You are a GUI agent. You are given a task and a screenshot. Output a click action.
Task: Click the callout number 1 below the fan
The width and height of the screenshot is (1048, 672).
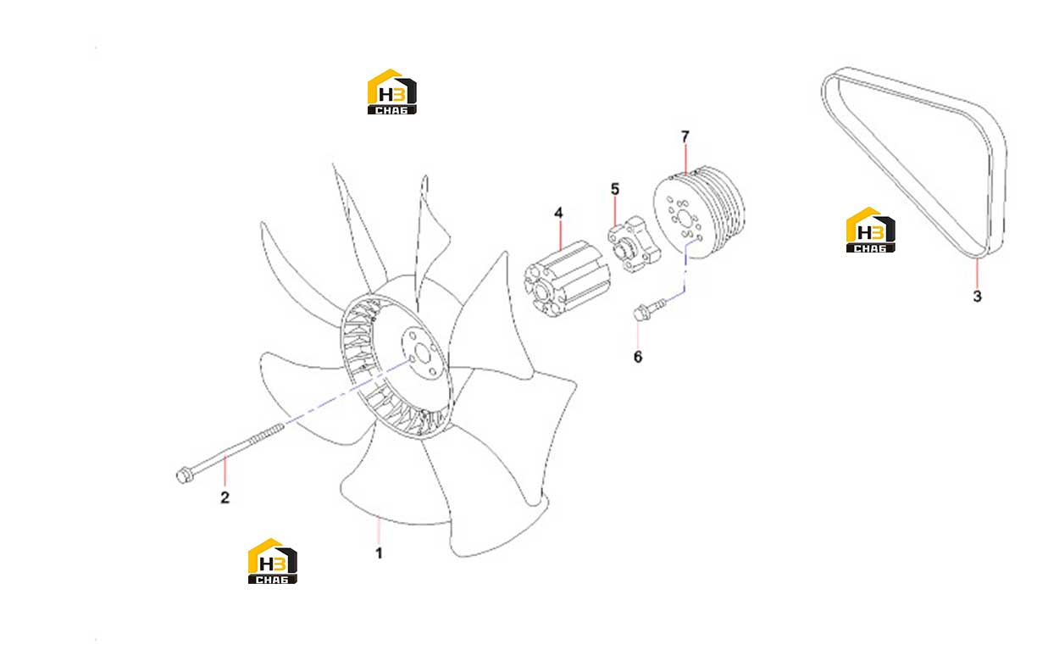point(379,553)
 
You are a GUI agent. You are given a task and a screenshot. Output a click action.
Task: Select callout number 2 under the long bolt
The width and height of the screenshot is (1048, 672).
point(225,497)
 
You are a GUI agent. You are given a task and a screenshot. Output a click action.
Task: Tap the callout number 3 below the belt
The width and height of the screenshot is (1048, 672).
point(978,297)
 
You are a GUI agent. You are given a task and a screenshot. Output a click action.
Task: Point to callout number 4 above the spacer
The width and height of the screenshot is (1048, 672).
point(558,213)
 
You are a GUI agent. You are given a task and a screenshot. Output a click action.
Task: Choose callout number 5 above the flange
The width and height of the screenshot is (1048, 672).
point(615,189)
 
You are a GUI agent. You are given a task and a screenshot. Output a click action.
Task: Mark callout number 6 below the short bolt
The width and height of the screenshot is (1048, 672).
point(638,357)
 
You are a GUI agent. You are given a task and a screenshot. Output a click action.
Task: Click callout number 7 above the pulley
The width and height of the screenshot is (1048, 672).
point(685,136)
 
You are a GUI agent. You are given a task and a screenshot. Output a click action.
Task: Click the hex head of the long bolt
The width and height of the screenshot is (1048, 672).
point(183,476)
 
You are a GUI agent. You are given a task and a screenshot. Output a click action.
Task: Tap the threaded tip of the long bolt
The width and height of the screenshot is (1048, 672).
point(276,430)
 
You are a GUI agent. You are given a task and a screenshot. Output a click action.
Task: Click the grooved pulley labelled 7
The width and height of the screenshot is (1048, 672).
point(699,212)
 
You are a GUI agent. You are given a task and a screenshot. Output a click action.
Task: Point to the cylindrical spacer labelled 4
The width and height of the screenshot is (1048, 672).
point(567,279)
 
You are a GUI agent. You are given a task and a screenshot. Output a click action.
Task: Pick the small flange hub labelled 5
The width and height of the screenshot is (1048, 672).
point(635,244)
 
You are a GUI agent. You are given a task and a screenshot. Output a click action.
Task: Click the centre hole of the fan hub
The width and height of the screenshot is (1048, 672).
point(423,353)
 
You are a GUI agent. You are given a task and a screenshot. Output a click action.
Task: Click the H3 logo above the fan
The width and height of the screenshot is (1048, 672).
point(392,92)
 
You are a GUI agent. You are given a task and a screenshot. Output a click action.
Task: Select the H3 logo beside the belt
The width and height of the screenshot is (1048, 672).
point(871,230)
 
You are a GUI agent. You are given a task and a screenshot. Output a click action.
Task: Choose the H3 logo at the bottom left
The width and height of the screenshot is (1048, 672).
point(272,561)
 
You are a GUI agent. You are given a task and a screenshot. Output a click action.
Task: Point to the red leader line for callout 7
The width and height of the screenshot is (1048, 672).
point(685,159)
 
